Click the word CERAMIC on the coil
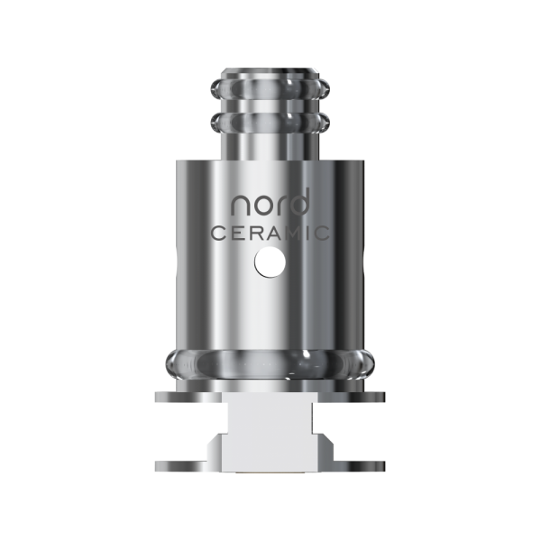click(x=271, y=233)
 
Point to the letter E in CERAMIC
click(x=236, y=233)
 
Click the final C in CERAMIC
click(x=331, y=233)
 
